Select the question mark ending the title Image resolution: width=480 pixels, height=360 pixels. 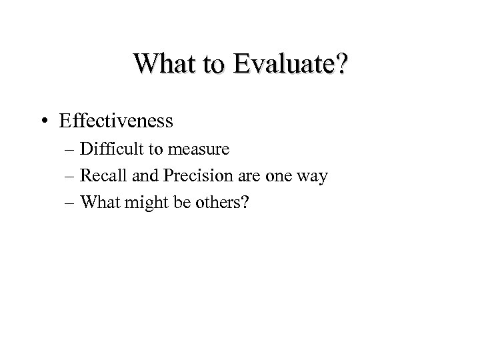click(x=341, y=65)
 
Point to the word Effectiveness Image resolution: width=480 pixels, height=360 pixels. click(x=125, y=121)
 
